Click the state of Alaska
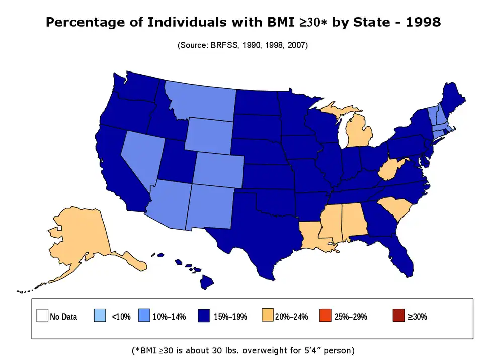point(86,237)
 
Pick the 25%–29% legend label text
point(351,317)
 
